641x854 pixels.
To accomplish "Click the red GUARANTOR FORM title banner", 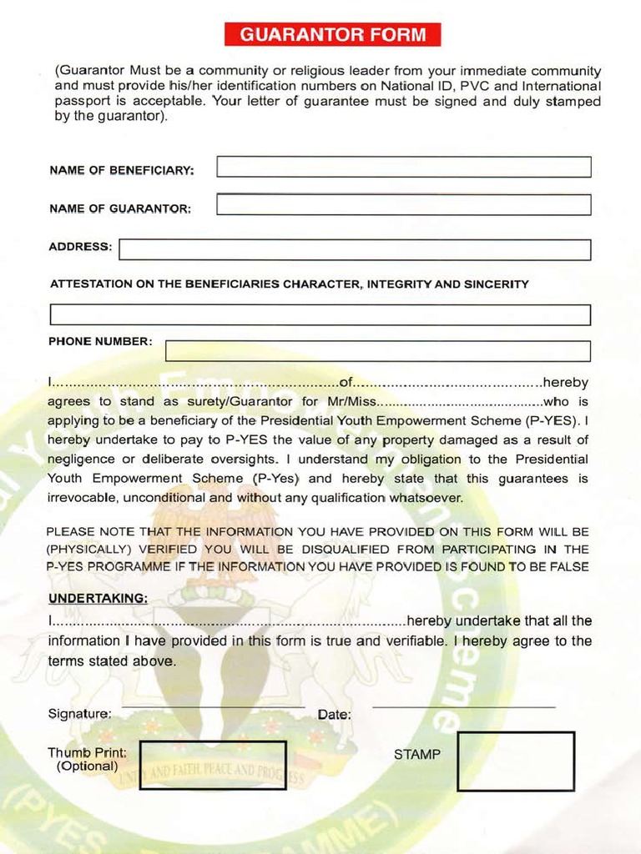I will point(332,35).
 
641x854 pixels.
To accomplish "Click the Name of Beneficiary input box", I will point(404,167).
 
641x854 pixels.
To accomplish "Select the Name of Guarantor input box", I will point(404,205).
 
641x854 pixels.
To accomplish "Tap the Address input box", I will point(355,250).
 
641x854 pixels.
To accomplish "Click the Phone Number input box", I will point(378,351).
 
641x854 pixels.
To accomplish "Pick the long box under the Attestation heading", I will point(320,315).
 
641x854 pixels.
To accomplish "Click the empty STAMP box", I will point(516,761).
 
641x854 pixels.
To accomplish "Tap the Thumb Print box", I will point(213,765).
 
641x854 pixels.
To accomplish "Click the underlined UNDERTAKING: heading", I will point(98,599).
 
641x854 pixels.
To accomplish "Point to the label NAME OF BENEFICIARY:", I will point(122,170).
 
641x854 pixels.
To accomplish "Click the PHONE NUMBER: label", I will point(100,341).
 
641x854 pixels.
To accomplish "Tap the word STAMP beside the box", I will point(416,755).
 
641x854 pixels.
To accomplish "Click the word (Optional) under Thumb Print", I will point(87,766).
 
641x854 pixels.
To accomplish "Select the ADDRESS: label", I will point(80,247).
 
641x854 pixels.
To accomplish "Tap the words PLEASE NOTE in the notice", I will point(86,531).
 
